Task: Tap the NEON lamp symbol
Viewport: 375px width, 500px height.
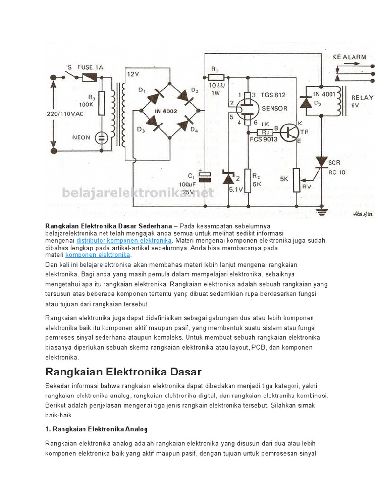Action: coord(102,137)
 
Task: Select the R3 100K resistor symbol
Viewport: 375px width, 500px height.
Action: coord(102,102)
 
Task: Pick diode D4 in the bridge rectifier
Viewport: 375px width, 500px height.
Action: coord(187,125)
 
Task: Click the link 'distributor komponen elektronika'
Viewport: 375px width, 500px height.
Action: coord(124,241)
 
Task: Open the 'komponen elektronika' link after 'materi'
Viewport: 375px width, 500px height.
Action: coord(98,255)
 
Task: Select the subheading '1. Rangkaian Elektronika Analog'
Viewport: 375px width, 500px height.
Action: coord(97,429)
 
